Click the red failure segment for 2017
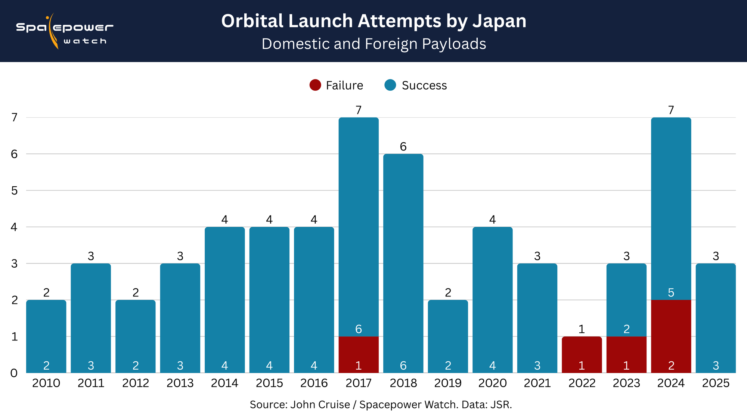[x=359, y=355]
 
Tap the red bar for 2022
[x=582, y=355]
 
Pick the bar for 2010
[x=46, y=336]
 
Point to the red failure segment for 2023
[x=626, y=355]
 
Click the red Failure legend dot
[x=315, y=85]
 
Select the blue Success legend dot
[x=390, y=85]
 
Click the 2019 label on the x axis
[x=448, y=383]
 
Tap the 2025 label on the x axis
[x=716, y=383]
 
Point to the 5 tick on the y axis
[x=15, y=191]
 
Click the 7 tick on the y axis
[x=15, y=118]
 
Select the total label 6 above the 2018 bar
[x=403, y=147]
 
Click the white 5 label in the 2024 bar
[x=671, y=293]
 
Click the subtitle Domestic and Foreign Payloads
[x=374, y=44]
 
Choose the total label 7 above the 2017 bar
[x=359, y=110]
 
